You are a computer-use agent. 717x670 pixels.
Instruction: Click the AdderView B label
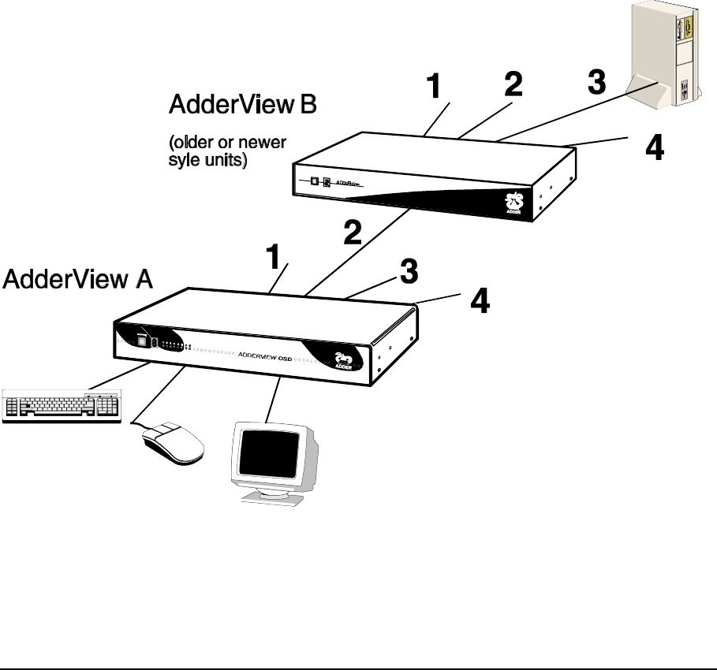242,105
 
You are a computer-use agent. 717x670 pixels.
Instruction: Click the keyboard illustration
61,406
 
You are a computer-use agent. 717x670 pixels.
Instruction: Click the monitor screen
268,454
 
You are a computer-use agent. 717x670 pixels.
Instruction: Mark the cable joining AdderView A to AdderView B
359,252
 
